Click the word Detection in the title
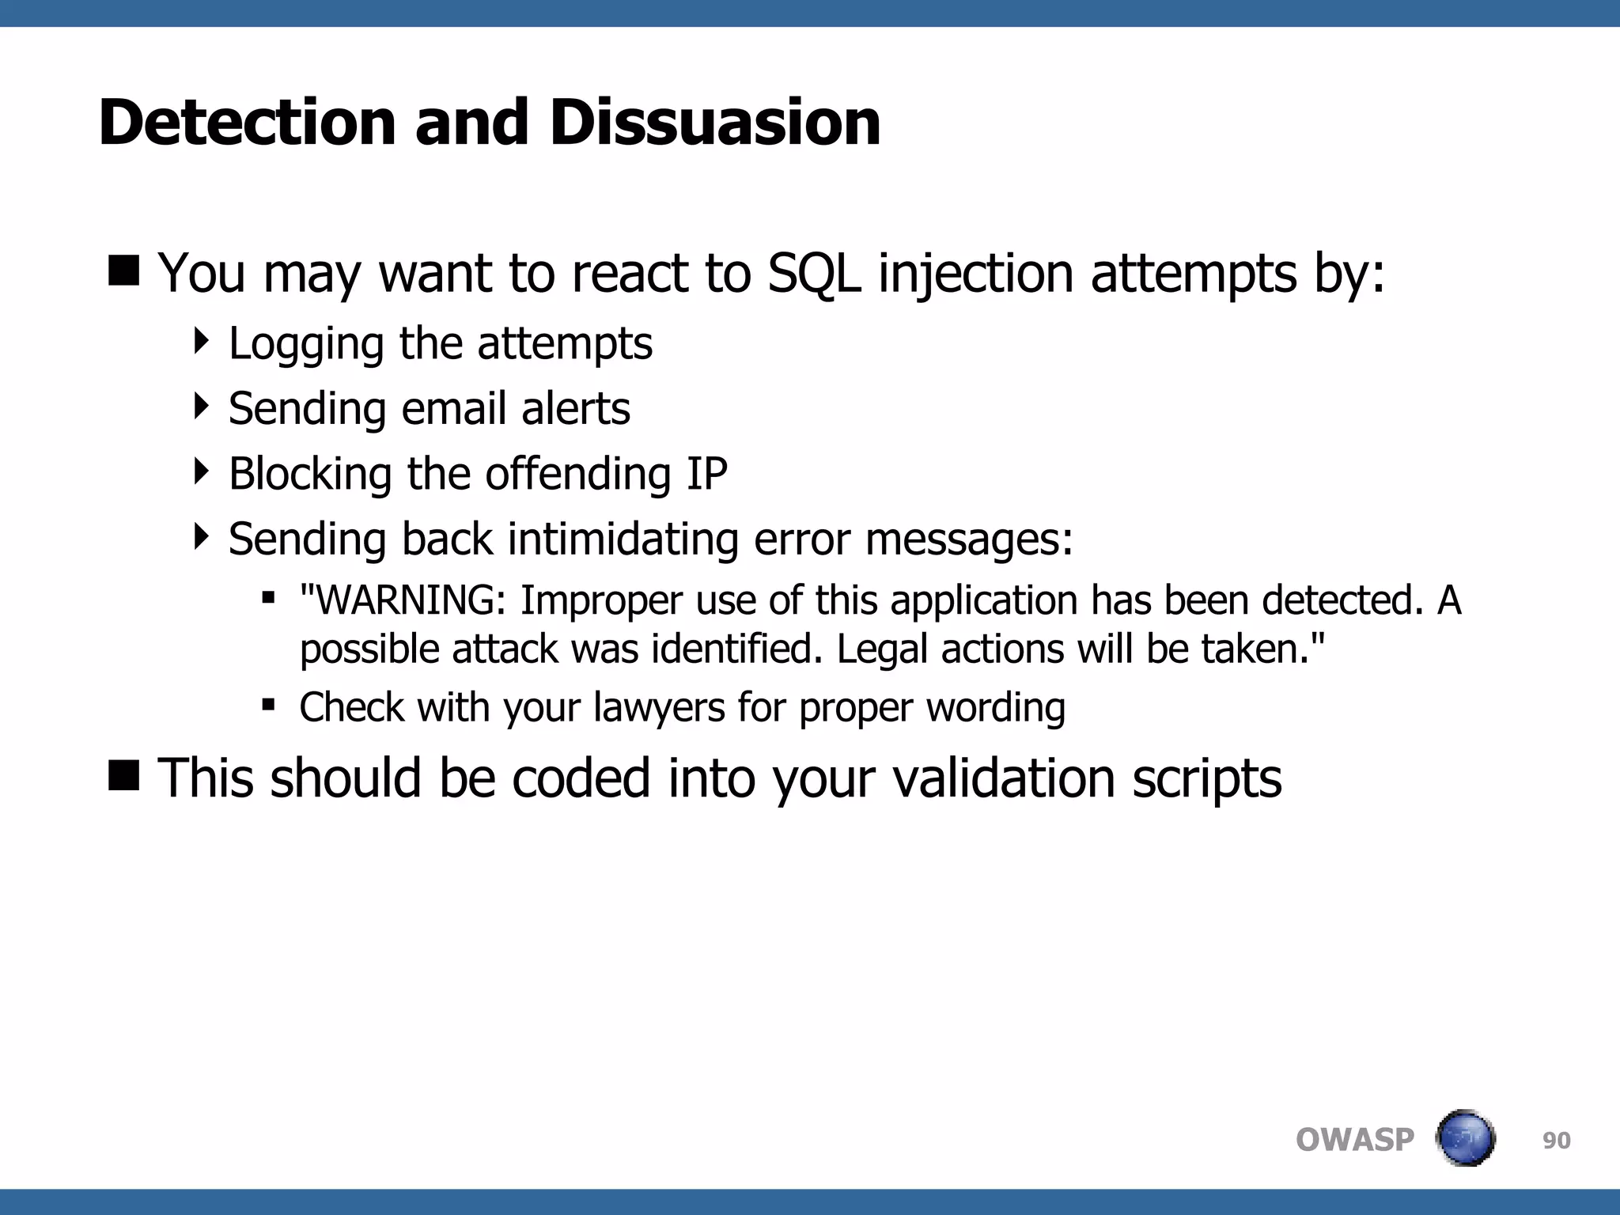click(247, 123)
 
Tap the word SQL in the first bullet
click(814, 274)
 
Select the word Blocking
click(310, 474)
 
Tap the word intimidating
click(623, 539)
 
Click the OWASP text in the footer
click(1354, 1140)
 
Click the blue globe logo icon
click(1465, 1138)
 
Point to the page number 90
click(1556, 1141)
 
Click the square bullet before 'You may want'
click(124, 271)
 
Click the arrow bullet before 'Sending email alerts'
click(202, 407)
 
